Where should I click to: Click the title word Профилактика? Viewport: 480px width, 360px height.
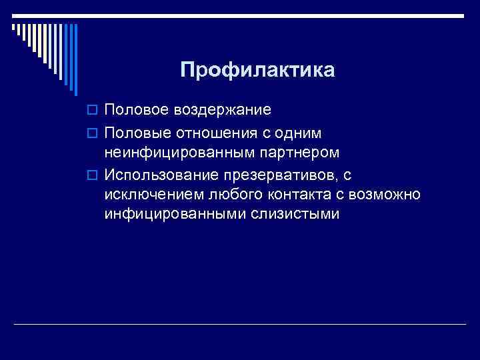pos(257,70)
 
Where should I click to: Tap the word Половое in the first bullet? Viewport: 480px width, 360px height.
pos(137,109)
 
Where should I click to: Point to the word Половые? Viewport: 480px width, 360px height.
pos(137,134)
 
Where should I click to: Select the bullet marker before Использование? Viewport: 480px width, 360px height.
pos(93,177)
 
